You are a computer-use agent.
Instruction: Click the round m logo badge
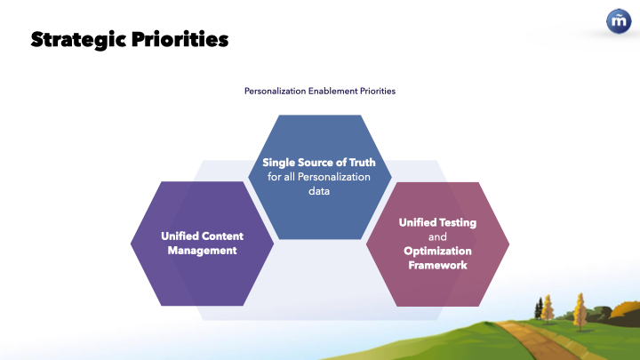[x=619, y=21]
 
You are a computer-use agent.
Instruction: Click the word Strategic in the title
[x=78, y=40]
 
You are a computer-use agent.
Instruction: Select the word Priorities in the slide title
[x=180, y=39]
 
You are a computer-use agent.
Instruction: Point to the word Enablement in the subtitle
[x=332, y=91]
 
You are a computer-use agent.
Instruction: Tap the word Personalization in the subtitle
[x=275, y=91]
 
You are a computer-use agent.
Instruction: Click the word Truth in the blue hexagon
[x=362, y=163]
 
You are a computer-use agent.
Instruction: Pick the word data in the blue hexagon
[x=319, y=191]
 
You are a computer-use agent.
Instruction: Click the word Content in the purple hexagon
[x=222, y=236]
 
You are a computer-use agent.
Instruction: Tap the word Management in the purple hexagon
[x=202, y=251]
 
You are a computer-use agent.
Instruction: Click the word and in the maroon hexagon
[x=437, y=236]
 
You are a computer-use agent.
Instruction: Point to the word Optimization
[x=437, y=251]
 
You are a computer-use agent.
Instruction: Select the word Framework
[x=437, y=265]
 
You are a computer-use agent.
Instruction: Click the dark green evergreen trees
[x=540, y=308]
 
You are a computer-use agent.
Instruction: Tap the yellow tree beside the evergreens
[x=548, y=308]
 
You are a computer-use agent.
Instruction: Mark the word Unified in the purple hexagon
[x=180, y=236]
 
